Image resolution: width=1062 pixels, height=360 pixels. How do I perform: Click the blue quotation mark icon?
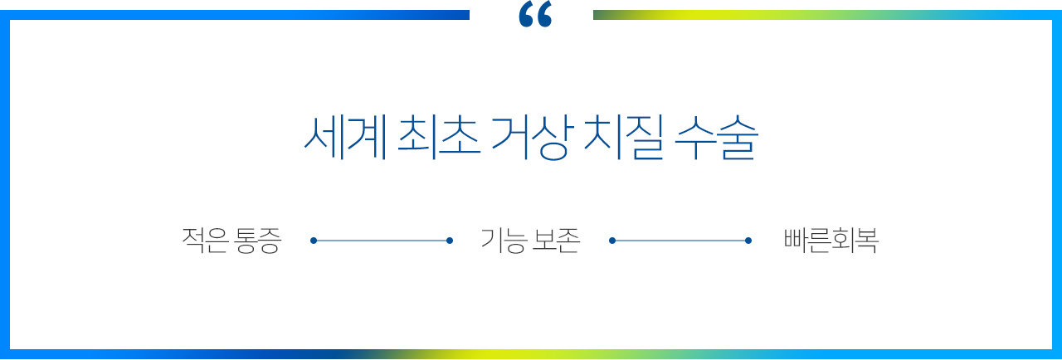click(x=535, y=14)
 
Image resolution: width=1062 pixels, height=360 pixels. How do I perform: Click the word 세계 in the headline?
click(x=344, y=137)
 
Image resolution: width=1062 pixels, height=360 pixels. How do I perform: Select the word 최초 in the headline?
click(x=439, y=137)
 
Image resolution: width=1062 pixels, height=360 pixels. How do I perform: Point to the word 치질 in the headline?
click(x=623, y=137)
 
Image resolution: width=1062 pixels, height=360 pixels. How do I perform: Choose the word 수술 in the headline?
click(x=716, y=137)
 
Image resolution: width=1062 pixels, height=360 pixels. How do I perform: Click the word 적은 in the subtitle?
click(x=205, y=241)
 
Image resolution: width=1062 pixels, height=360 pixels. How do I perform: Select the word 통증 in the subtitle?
click(x=258, y=241)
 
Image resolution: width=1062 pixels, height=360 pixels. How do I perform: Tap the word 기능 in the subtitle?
click(x=504, y=241)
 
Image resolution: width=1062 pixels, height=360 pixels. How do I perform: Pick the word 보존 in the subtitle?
click(x=556, y=241)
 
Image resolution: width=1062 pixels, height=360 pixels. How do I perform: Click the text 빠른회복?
click(x=831, y=241)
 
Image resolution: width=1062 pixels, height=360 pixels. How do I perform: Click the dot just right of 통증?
click(x=314, y=241)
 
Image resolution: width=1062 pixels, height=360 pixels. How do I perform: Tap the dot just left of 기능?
click(x=450, y=241)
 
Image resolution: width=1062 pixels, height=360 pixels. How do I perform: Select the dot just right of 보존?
click(x=612, y=241)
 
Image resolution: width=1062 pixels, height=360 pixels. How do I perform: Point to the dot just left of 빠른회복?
click(x=748, y=241)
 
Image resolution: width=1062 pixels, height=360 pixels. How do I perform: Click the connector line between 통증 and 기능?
click(x=382, y=241)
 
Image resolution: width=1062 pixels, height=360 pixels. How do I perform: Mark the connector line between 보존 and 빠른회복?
click(x=680, y=241)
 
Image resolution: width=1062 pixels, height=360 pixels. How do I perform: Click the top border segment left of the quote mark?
click(x=235, y=15)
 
